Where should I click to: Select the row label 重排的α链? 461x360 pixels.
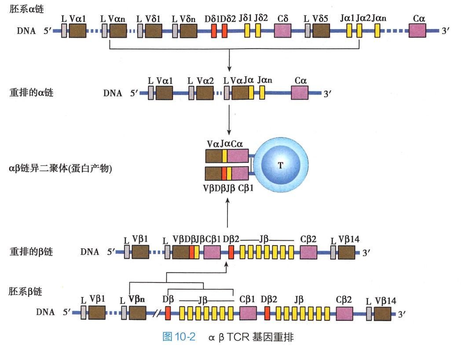31,92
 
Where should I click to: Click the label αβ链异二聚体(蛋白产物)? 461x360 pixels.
60,168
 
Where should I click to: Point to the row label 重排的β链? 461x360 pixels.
31,252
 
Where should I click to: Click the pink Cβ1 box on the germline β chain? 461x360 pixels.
248,312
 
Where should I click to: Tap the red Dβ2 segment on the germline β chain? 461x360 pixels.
267,312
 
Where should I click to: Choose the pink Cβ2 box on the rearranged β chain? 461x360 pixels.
308,253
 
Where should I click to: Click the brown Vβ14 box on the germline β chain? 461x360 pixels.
383,312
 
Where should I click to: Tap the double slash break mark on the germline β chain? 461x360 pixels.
156,313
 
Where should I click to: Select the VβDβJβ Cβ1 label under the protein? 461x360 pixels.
228,188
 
